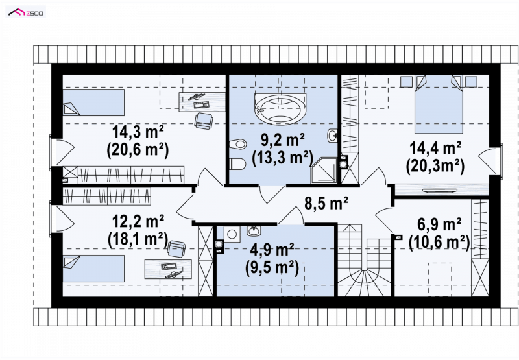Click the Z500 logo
coord(26,12)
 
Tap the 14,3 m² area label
coord(138,132)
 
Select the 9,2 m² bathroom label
coord(283,141)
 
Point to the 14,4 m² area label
coord(435,148)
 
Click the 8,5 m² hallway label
coord(326,203)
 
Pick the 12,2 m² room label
coord(138,221)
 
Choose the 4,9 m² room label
coord(272,250)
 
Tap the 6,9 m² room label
coord(439,225)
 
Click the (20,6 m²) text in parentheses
coord(138,150)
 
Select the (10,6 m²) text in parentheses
coord(439,243)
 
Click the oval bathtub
coord(280,109)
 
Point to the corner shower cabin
coord(324,170)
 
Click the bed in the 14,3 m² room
coord(93,102)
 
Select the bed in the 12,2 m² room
coord(93,269)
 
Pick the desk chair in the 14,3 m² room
coord(203,121)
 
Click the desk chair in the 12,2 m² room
coord(176,249)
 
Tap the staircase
coord(365,260)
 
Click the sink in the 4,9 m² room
coord(254,231)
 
